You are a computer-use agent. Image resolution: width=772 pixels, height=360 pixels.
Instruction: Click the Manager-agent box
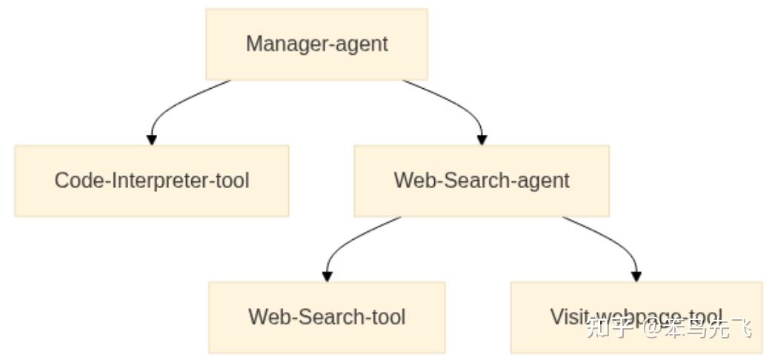click(x=316, y=44)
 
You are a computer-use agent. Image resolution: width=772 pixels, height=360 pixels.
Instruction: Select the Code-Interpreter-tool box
click(x=151, y=180)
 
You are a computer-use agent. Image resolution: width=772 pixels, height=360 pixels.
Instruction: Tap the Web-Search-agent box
click(x=482, y=180)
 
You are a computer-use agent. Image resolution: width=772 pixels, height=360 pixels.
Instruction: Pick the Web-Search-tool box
click(x=327, y=317)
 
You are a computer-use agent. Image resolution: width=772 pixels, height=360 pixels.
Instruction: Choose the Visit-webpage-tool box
click(x=636, y=317)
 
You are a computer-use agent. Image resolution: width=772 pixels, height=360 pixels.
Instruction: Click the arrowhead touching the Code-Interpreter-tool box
click(x=152, y=139)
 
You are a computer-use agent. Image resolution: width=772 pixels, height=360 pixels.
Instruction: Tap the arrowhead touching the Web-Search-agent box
click(x=482, y=139)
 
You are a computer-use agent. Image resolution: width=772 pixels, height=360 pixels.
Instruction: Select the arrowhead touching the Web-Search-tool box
click(x=327, y=276)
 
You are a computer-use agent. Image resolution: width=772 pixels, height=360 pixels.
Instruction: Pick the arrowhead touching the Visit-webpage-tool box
click(x=636, y=276)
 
